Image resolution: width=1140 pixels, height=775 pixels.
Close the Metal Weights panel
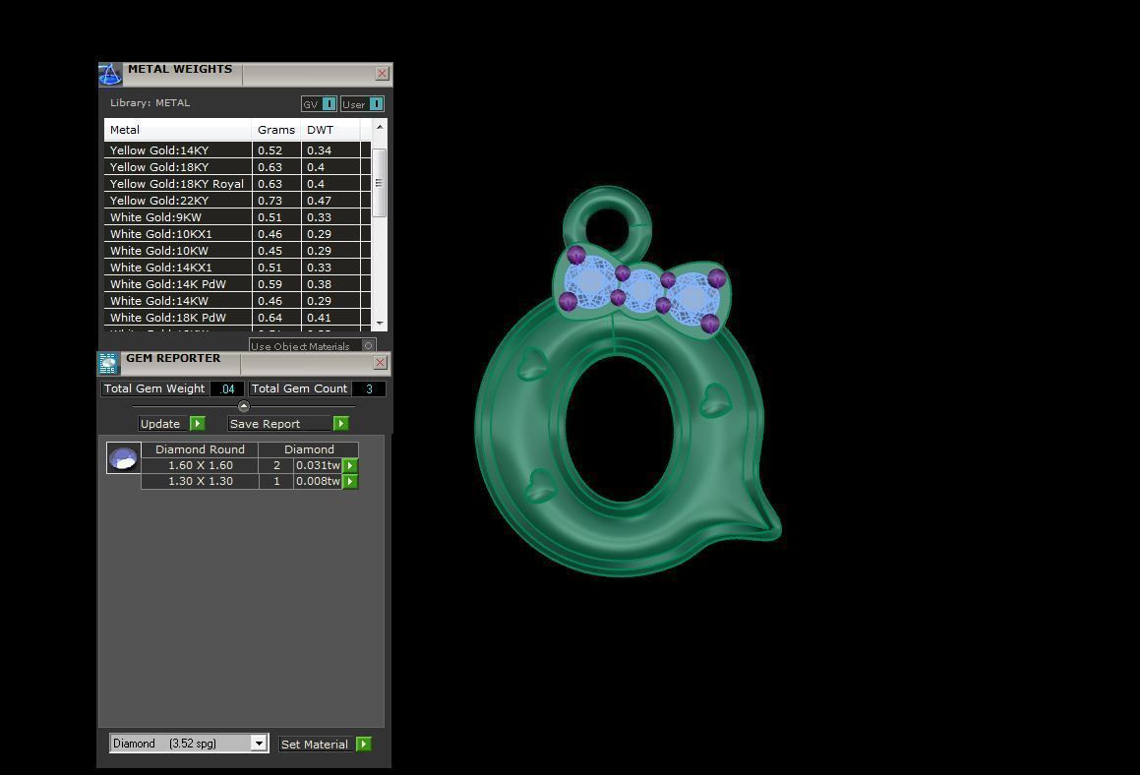(x=382, y=74)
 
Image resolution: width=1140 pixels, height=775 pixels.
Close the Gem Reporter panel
(x=381, y=363)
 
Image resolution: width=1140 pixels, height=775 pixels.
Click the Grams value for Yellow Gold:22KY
(x=270, y=201)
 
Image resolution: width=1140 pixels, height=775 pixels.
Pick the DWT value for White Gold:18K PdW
(x=319, y=318)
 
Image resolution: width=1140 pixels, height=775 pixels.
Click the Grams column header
(x=275, y=130)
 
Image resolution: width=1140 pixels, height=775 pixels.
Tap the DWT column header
(x=320, y=130)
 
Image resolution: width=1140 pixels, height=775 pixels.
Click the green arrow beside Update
(x=197, y=424)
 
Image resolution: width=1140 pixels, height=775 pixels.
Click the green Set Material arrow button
(x=364, y=745)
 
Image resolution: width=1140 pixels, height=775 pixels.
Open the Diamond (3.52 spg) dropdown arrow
(x=259, y=744)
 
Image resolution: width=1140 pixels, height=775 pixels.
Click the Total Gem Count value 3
(x=369, y=388)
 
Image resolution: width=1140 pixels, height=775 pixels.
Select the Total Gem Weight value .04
(x=227, y=388)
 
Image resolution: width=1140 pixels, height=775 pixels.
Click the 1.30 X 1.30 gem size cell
(x=200, y=481)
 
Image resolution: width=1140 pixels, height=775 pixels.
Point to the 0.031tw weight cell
(x=317, y=465)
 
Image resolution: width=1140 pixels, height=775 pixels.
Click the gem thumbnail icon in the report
(x=123, y=458)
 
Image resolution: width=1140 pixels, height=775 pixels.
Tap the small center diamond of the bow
(x=642, y=290)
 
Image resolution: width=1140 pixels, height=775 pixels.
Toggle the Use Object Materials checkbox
(x=369, y=345)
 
